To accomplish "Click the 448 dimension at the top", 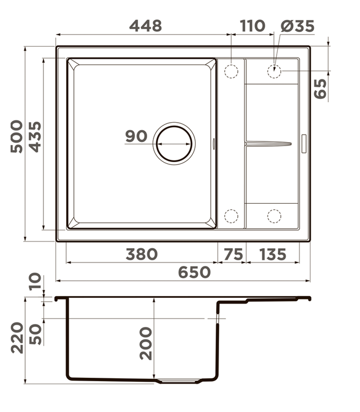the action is pos(145,26).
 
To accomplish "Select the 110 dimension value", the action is pos(252,26).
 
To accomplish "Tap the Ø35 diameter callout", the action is pos(297,26).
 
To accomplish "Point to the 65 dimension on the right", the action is pos(320,89).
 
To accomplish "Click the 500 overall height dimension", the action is pos(17,136).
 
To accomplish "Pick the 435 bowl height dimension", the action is pos(35,137).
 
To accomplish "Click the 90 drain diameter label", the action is pos(136,136).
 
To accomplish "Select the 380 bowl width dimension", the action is pos(141,255).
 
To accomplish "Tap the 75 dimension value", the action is pos(233,255).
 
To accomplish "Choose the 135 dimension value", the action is pos(273,255).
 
